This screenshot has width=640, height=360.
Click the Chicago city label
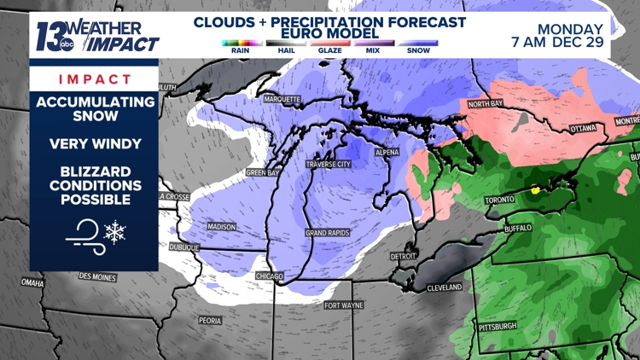(x=271, y=276)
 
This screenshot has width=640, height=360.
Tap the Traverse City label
(x=329, y=164)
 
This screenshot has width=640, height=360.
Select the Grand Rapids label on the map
(x=329, y=233)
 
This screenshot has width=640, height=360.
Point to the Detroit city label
(x=404, y=256)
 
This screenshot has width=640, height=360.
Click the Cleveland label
(x=445, y=287)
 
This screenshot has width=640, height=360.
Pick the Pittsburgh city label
(x=497, y=326)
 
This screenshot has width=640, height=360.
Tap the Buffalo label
(x=518, y=229)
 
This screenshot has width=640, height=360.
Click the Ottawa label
(x=583, y=128)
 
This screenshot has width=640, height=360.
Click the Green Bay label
(x=263, y=172)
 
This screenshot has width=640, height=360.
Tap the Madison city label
(x=221, y=226)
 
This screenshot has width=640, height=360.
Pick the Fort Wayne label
(x=343, y=305)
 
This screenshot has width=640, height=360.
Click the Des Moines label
(x=97, y=276)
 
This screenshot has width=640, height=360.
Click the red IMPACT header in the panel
(x=95, y=78)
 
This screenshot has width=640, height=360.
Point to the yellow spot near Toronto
(x=535, y=190)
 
